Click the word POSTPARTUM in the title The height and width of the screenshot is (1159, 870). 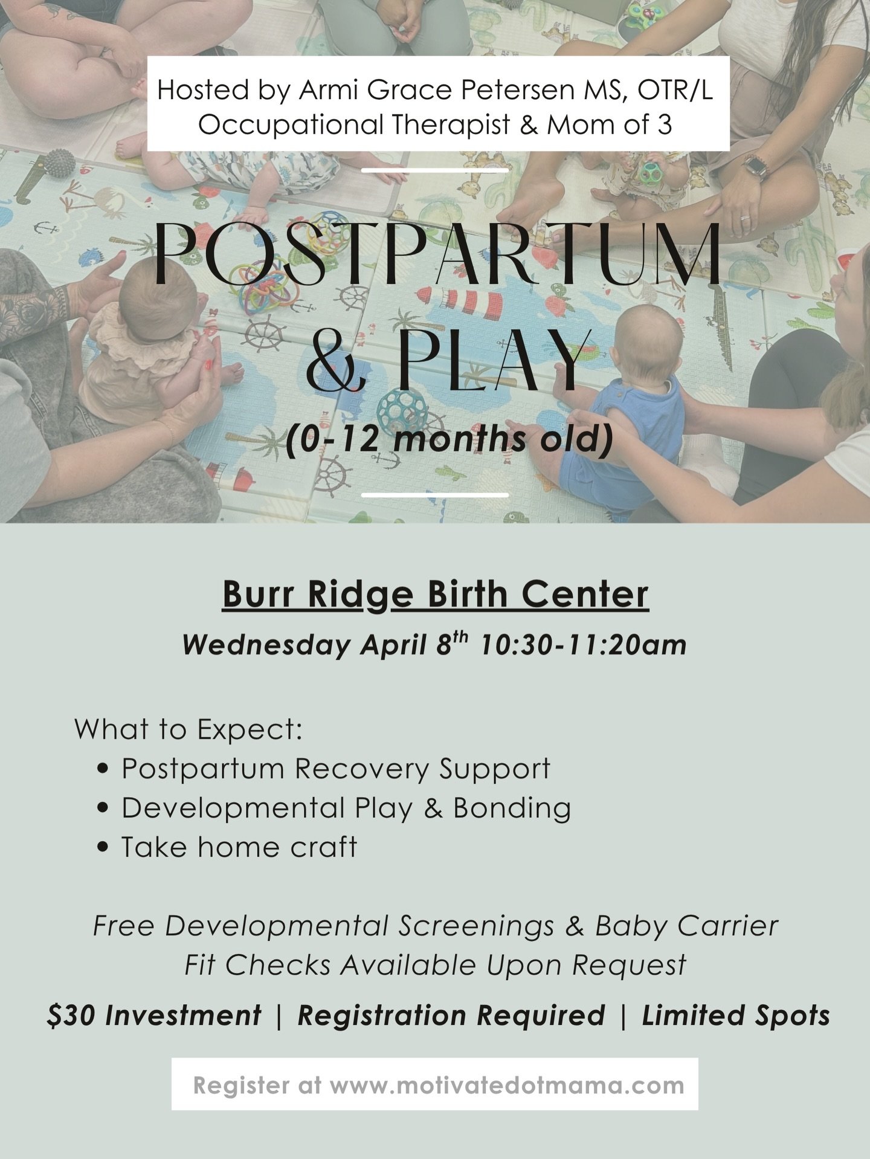[437, 254]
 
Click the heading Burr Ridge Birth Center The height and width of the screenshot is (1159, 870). [435, 594]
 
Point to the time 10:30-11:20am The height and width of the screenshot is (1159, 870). [583, 645]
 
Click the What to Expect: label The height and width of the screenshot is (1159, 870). [188, 729]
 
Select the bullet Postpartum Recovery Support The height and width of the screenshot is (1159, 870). [335, 769]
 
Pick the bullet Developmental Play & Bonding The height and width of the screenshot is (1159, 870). [346, 809]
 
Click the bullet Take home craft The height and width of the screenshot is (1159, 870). [239, 847]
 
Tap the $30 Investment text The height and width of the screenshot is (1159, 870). [154, 1015]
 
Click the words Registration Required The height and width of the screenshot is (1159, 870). [451, 1015]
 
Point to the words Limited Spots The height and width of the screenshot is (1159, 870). [735, 1015]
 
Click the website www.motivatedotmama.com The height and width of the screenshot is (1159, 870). [507, 1085]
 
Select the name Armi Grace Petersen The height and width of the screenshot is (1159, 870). [436, 90]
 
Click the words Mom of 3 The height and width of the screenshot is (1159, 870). [609, 124]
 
